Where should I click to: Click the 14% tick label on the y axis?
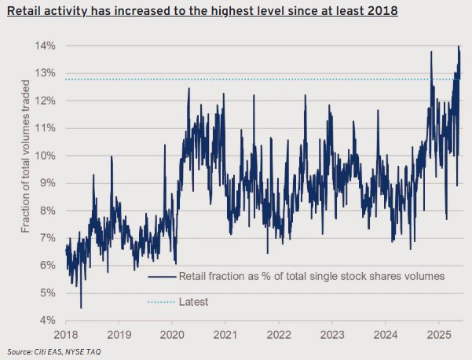click(x=45, y=46)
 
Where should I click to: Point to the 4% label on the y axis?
click(x=48, y=320)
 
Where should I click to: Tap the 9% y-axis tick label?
click(x=48, y=183)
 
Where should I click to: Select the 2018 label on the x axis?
click(x=66, y=335)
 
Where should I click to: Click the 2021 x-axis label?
click(x=225, y=335)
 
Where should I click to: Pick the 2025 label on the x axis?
click(x=439, y=335)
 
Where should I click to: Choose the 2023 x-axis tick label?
click(x=332, y=335)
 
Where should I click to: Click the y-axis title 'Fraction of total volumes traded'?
click(x=26, y=156)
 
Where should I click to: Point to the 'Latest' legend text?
click(x=193, y=302)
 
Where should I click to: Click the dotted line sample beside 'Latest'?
click(x=161, y=302)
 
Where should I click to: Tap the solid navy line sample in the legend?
click(x=162, y=277)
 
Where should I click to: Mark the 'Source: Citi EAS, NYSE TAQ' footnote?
click(x=54, y=351)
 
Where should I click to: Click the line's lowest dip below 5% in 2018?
click(x=81, y=308)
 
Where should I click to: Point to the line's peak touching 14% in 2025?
click(x=459, y=46)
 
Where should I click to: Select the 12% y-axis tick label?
click(x=45, y=101)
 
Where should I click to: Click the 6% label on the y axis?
click(x=48, y=265)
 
